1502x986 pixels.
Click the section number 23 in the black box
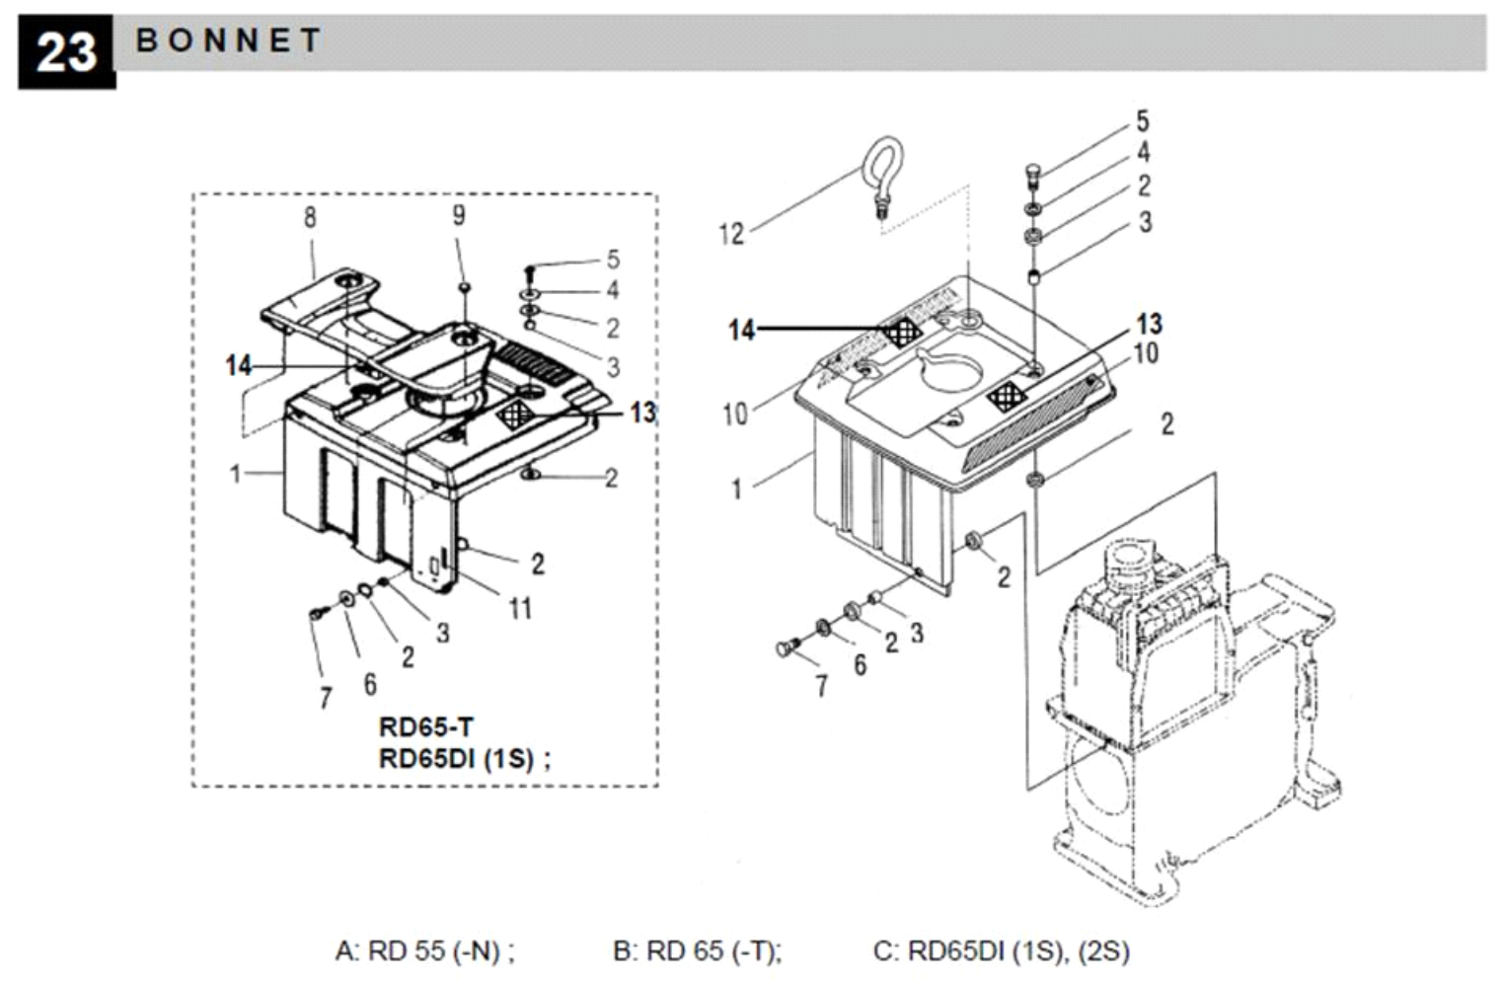(x=66, y=52)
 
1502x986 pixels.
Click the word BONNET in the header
(x=229, y=40)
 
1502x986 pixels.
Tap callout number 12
(x=731, y=235)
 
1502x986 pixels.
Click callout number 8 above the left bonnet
(x=310, y=217)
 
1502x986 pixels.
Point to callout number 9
(x=459, y=215)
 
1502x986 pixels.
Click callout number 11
(x=521, y=609)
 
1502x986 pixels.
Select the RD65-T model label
(x=426, y=726)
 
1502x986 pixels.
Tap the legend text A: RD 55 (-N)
(x=425, y=950)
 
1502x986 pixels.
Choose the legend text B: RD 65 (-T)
(x=698, y=950)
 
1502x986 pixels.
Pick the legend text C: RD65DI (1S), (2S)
(x=1001, y=950)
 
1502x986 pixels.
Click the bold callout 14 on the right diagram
(x=742, y=330)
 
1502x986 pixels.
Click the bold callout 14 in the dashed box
(x=239, y=365)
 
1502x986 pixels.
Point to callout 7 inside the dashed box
(x=326, y=698)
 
